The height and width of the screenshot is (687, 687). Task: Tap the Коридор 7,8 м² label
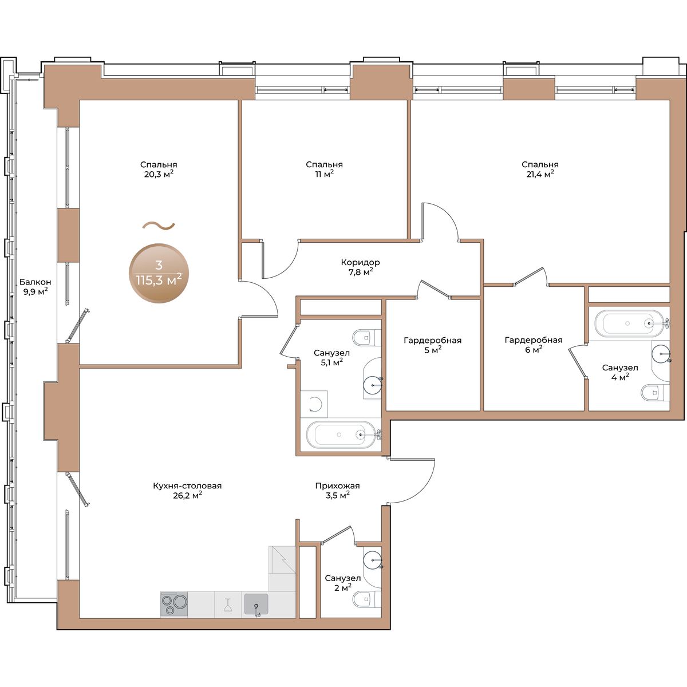click(x=360, y=267)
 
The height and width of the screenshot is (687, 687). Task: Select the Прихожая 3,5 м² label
click(x=337, y=490)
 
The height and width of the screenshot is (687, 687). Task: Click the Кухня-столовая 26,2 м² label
click(x=187, y=490)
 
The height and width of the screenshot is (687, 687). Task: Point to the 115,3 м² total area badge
click(x=159, y=274)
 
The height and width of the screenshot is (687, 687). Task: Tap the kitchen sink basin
click(x=256, y=603)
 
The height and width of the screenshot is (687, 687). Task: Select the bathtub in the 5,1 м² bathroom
click(x=341, y=435)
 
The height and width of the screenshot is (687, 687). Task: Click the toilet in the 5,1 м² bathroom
click(x=366, y=337)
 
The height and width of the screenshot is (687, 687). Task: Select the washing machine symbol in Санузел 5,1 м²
click(x=314, y=404)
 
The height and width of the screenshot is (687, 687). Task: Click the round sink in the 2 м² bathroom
click(x=373, y=560)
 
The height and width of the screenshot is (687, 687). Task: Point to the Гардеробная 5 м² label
click(x=432, y=345)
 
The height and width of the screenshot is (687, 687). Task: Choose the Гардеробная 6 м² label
click(x=534, y=345)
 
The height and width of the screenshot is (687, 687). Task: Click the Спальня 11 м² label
click(x=324, y=169)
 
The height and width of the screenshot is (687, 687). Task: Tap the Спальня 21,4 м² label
click(x=540, y=169)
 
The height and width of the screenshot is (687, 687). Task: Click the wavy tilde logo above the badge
click(x=159, y=226)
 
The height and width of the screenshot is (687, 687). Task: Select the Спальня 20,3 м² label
click(x=158, y=169)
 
